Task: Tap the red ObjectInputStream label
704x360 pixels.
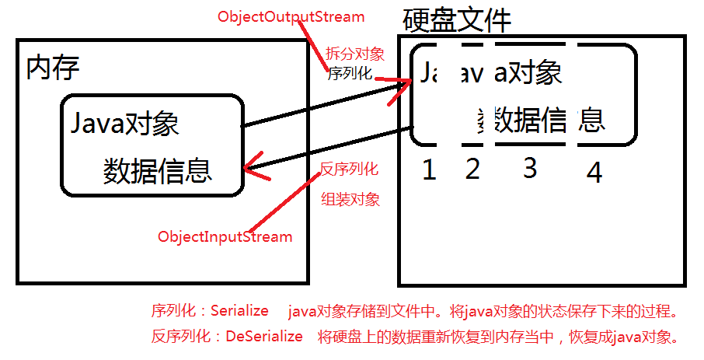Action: tap(225, 236)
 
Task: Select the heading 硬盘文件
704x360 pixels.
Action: tap(457, 21)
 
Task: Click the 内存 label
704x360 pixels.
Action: tap(53, 68)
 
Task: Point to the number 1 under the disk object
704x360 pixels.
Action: tap(428, 170)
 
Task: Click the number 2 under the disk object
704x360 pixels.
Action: tap(472, 169)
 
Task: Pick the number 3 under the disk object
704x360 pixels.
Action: tap(530, 168)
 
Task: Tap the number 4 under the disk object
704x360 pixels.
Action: tap(594, 173)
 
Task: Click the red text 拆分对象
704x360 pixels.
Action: tap(354, 54)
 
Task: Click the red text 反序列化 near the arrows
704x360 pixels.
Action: tap(349, 169)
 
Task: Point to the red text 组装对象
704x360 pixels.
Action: tap(351, 199)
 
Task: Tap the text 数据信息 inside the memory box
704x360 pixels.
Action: tap(157, 170)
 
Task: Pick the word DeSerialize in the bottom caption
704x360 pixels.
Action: tap(264, 337)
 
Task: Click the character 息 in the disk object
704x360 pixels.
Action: tap(592, 120)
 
